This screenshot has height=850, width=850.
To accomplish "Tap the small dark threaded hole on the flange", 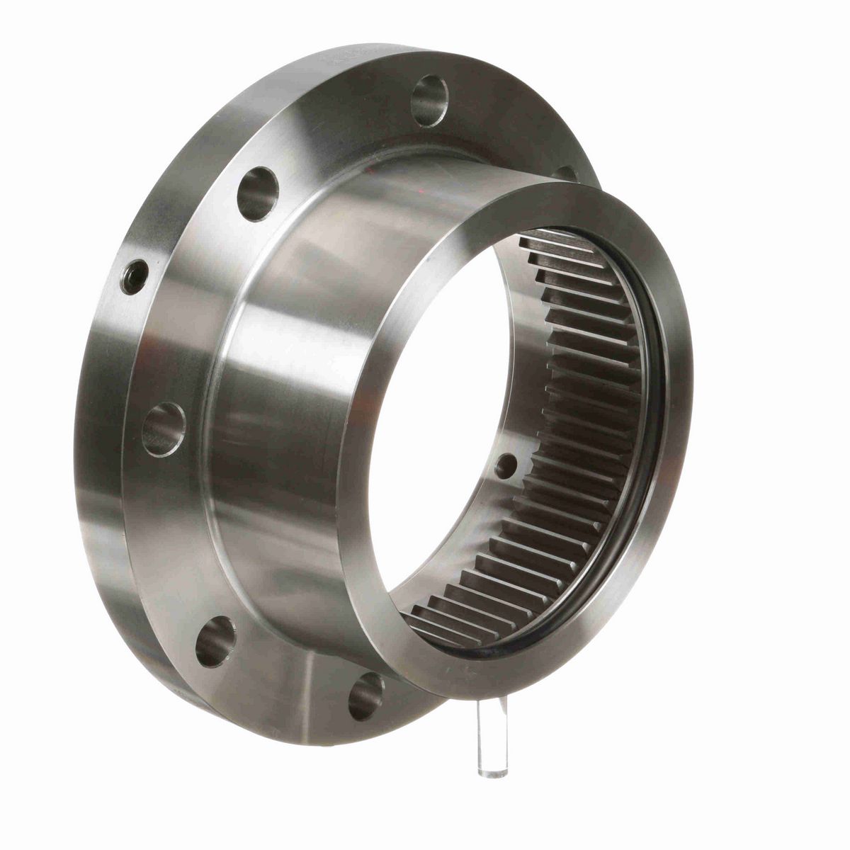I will [x=135, y=273].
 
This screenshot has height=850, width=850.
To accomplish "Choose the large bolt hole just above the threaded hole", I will [x=255, y=193].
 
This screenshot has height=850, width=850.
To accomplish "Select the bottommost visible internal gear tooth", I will [x=432, y=623].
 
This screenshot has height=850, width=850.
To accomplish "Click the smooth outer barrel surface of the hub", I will [x=312, y=397].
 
